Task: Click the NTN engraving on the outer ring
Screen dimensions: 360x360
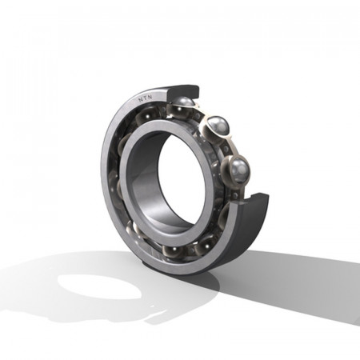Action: click(146, 98)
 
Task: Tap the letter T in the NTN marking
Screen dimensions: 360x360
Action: click(146, 98)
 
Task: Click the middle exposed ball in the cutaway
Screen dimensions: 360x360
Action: click(218, 126)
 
